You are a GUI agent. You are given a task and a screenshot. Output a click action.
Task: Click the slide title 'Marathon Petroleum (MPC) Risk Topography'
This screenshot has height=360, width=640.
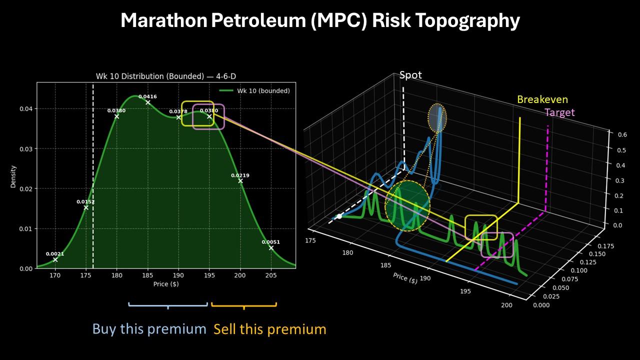[x=320, y=21]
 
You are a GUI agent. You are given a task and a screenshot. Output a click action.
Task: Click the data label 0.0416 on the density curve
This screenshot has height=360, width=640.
[x=147, y=96]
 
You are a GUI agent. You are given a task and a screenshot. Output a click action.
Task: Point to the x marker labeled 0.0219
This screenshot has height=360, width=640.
[x=240, y=181]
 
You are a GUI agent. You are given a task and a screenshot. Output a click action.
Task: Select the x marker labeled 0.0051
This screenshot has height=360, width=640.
[x=271, y=248]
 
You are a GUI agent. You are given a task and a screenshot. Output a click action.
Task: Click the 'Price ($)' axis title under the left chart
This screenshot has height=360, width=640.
[x=166, y=284]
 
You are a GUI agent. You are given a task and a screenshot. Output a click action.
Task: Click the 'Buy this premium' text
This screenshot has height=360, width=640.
[x=149, y=329]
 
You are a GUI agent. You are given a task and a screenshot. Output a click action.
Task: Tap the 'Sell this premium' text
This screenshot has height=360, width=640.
[x=269, y=329]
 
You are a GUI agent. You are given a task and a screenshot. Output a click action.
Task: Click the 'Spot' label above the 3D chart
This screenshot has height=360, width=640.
[x=410, y=75]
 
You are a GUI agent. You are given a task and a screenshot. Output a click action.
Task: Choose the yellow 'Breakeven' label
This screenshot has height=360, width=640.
[x=542, y=99]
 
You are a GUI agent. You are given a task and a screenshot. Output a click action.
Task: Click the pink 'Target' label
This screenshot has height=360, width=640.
[x=559, y=112]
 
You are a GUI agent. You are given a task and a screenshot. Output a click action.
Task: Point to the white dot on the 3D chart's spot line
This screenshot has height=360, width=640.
[x=339, y=216]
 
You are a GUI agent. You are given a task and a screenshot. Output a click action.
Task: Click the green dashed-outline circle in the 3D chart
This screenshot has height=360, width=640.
[x=407, y=206]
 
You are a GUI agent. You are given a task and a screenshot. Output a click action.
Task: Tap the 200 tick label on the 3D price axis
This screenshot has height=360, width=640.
[x=506, y=305]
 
